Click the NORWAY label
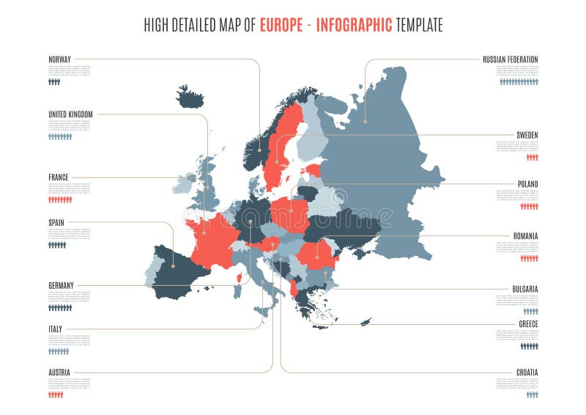59,59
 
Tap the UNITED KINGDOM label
70,114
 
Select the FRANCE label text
58,177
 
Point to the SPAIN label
56,221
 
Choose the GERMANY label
61,285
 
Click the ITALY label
55,328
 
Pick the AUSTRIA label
59,372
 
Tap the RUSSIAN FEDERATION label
510,59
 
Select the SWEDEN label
527,135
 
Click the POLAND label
527,183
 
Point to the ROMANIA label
525,236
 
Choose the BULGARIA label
524,289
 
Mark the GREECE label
528,323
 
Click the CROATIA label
526,372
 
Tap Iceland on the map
190,96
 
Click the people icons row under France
60,199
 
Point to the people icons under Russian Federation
519,82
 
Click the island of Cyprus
366,320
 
